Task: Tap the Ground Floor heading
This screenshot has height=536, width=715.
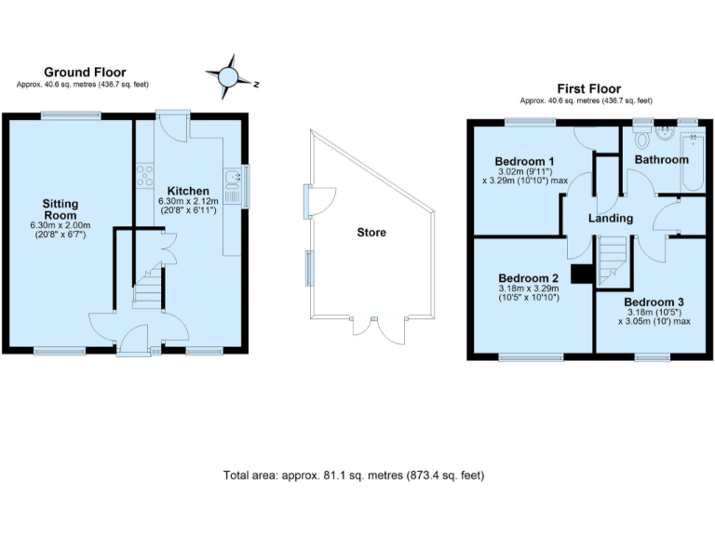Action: click(85, 72)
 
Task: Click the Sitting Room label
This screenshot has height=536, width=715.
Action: click(60, 209)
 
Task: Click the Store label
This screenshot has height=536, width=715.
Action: click(371, 232)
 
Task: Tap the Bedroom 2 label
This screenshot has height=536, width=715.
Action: click(528, 277)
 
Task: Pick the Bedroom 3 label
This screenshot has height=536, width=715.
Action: click(654, 302)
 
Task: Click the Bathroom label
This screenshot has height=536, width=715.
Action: click(662, 159)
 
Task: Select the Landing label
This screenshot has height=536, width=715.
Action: click(611, 218)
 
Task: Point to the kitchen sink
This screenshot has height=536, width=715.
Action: click(232, 187)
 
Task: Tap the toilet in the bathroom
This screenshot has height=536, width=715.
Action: click(641, 139)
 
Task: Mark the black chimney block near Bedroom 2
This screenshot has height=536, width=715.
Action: click(582, 274)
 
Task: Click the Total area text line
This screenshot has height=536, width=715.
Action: click(354, 475)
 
